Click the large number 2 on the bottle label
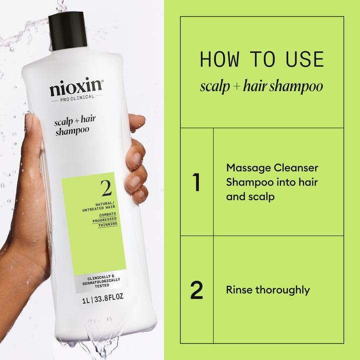tap(105, 188)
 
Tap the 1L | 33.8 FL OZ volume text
tap(102, 300)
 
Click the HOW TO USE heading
tap(261, 59)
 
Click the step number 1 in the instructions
tap(196, 182)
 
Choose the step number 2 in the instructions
tap(196, 290)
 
